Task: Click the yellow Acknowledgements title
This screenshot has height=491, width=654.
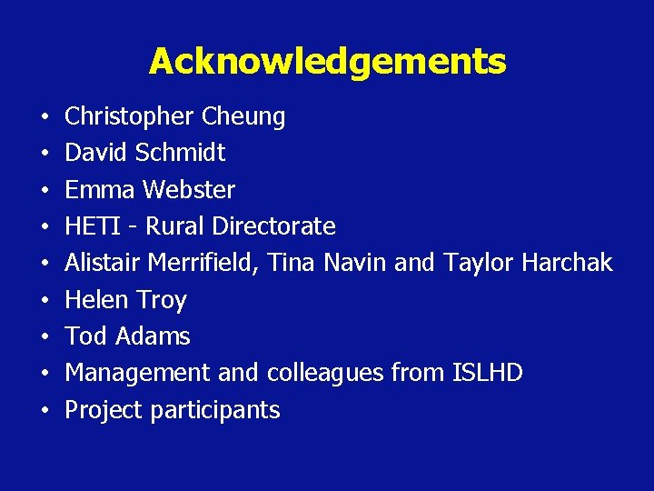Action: click(327, 62)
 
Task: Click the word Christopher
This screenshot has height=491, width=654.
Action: click(129, 117)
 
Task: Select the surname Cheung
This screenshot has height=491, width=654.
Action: click(243, 117)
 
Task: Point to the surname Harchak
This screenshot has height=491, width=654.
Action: click(565, 263)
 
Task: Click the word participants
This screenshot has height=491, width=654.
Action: click(215, 410)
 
